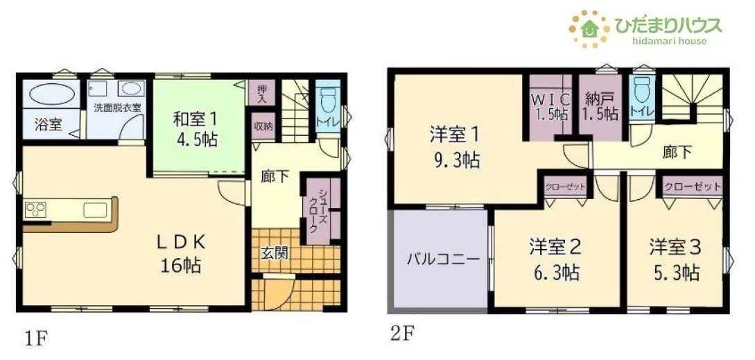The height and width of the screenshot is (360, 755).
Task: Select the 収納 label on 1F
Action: tap(261, 127)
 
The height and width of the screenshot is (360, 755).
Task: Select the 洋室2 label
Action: tap(555, 246)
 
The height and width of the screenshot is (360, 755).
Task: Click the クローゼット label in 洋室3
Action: tap(692, 187)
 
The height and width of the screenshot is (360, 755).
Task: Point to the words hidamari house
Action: tap(669, 41)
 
